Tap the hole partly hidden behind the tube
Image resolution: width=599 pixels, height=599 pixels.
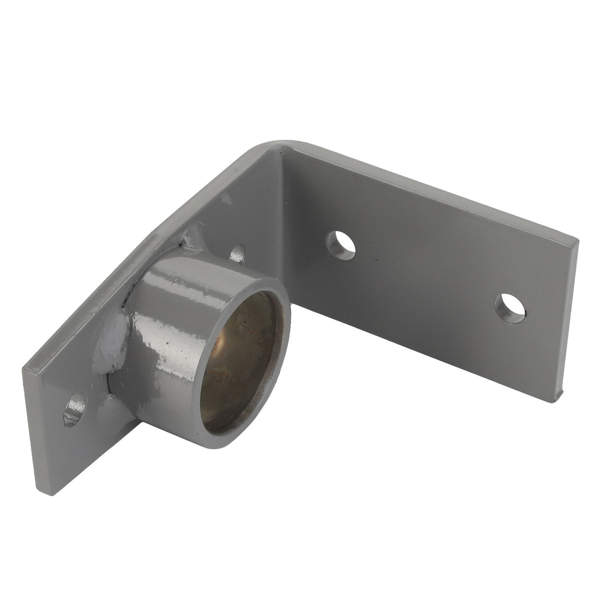[239, 253]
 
